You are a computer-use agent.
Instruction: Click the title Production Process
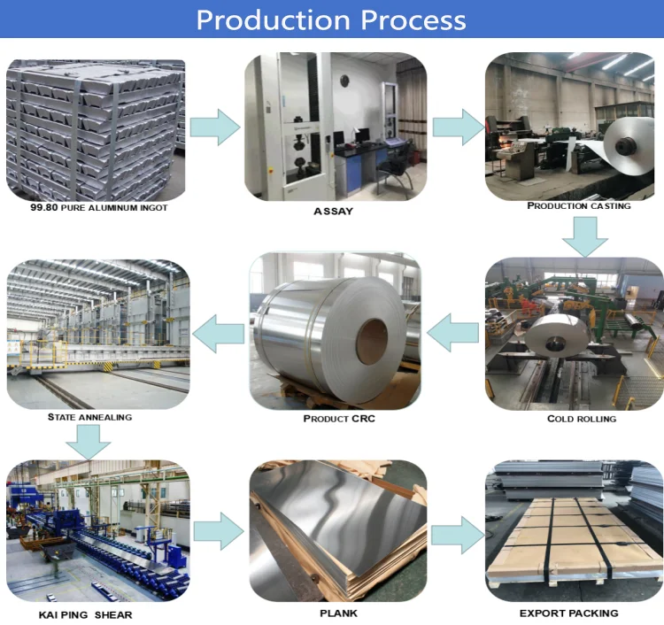click(331, 19)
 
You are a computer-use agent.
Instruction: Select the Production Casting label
click(579, 205)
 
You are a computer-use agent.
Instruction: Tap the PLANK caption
click(337, 613)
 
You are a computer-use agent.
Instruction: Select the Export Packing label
click(568, 613)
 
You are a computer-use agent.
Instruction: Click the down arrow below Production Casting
click(585, 235)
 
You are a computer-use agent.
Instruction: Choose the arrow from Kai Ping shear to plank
click(218, 531)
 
